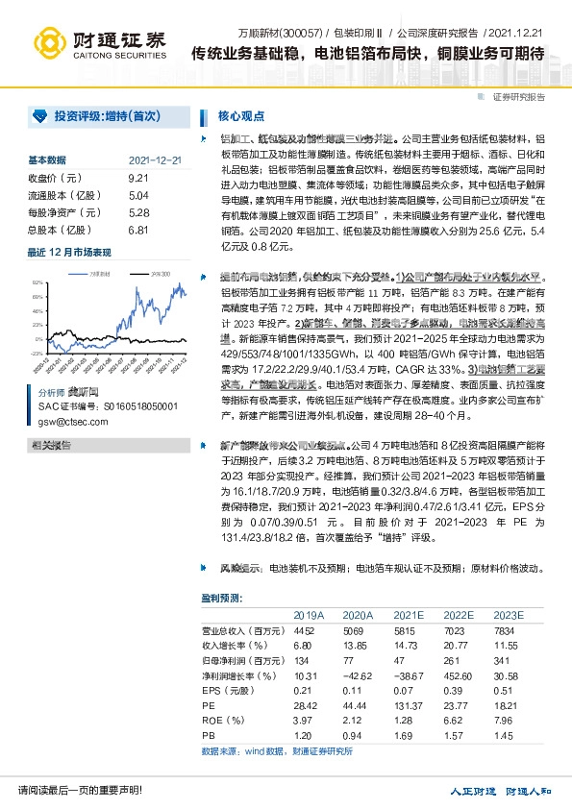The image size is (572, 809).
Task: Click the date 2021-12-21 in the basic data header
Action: pyautogui.click(x=155, y=160)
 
